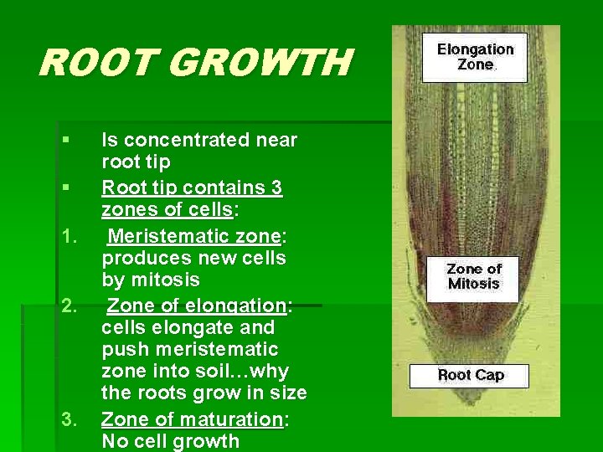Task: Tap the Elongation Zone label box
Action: pos(475,57)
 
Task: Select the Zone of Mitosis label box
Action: pos(473,276)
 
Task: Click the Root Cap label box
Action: pos(470,375)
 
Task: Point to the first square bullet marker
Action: pos(64,139)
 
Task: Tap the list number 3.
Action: pos(69,419)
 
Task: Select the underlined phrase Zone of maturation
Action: pos(191,419)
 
